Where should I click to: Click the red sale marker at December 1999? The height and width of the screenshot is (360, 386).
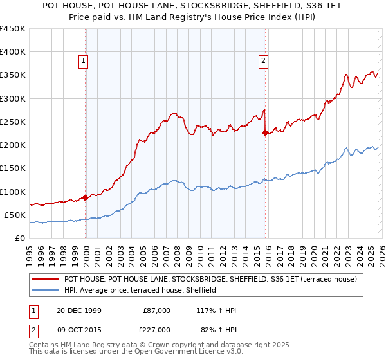click(x=86, y=197)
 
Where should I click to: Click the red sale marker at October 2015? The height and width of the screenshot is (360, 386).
click(x=265, y=133)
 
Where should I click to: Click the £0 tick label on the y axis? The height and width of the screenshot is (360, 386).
click(x=20, y=238)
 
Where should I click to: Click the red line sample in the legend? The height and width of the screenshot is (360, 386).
click(x=46, y=280)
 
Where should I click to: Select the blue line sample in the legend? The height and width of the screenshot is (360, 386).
click(x=46, y=291)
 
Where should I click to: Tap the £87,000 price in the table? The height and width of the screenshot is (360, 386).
click(x=156, y=310)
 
